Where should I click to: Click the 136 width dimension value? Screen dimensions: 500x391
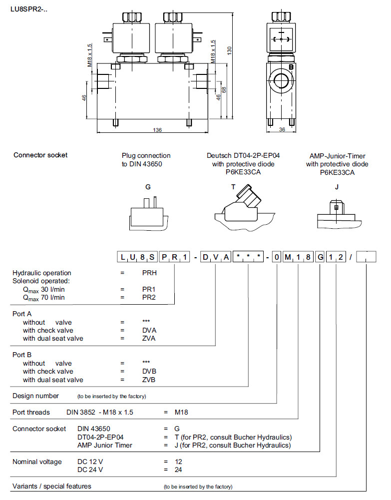(157, 130)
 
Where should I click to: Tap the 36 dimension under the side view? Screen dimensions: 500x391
(281, 130)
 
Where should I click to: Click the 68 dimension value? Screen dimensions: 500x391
(224, 90)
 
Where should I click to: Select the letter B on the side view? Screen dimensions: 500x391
(292, 67)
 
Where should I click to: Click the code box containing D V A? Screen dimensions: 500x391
(215, 257)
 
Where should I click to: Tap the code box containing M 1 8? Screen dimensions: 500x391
(298, 257)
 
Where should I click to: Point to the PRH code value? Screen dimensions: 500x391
(149, 273)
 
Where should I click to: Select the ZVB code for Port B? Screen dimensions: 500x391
(149, 380)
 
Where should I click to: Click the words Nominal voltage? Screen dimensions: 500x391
(37, 462)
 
